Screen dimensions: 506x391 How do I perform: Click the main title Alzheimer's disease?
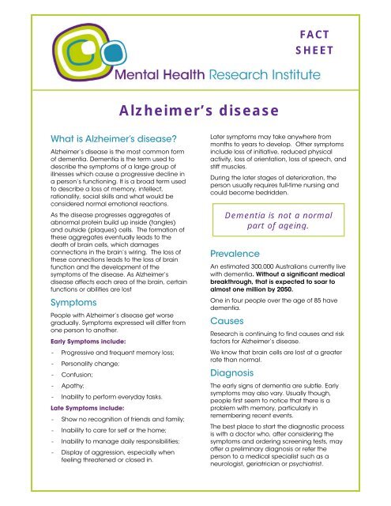pos(195,109)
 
